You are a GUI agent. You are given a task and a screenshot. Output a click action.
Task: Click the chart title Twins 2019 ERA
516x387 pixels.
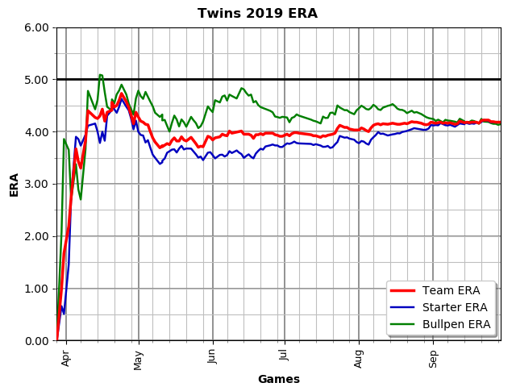pos(258,14)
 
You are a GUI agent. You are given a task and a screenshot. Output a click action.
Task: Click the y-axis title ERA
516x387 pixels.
pos(14,184)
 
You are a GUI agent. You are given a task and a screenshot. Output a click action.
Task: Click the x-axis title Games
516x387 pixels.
pos(278,379)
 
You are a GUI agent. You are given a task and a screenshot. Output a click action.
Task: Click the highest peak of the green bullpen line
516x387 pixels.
pos(100,75)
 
